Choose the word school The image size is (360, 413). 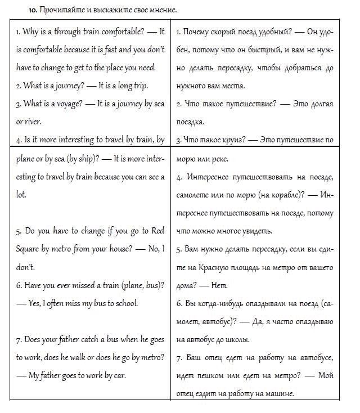pyautogui.click(x=124, y=303)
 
